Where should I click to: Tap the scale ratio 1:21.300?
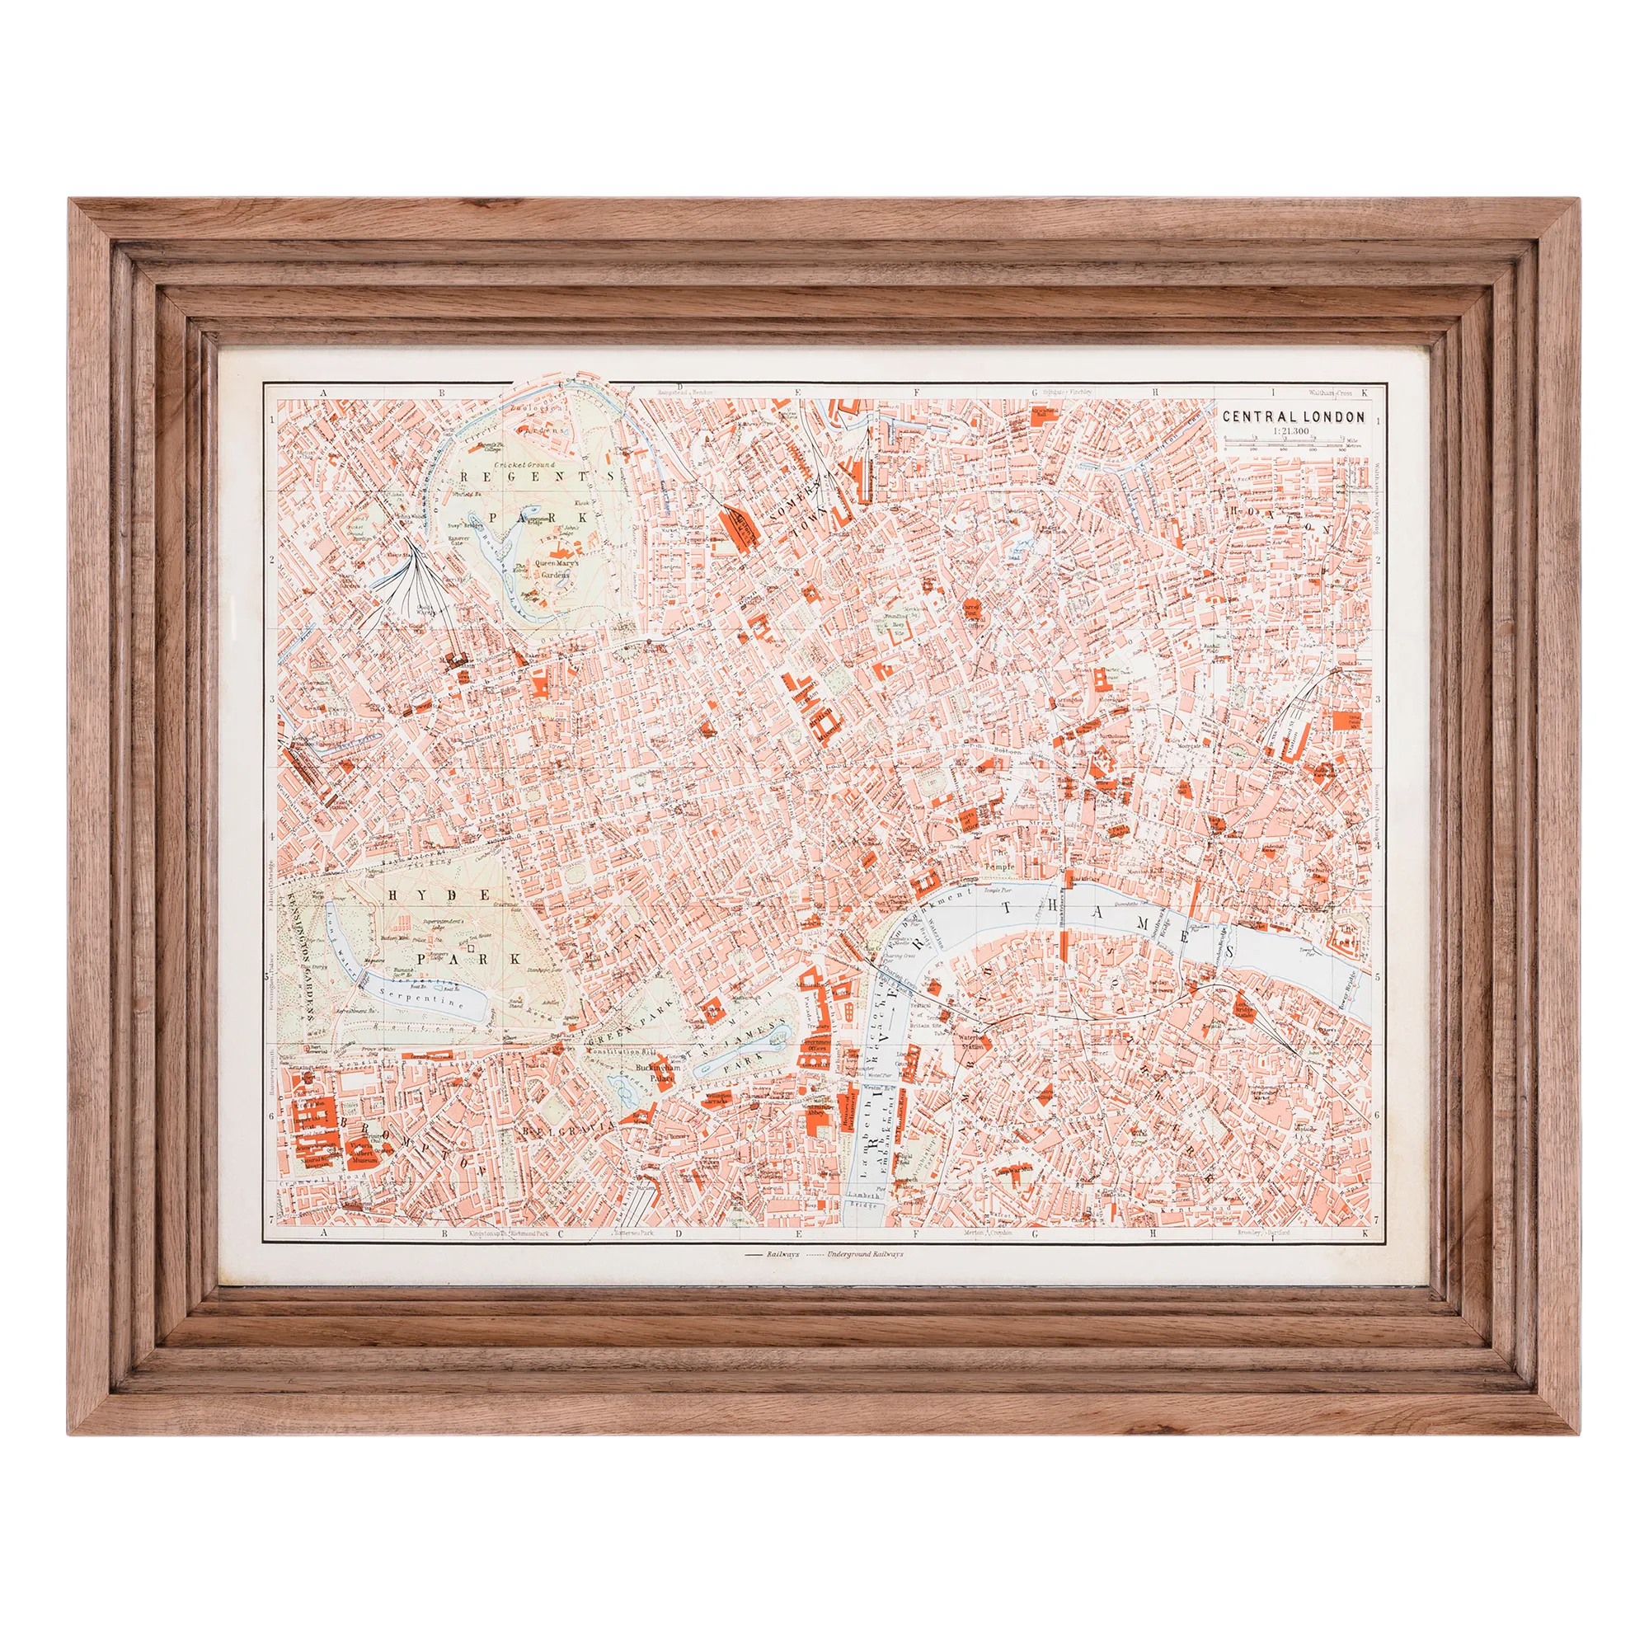[x=1293, y=432]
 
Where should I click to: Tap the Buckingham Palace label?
[x=655, y=1072]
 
